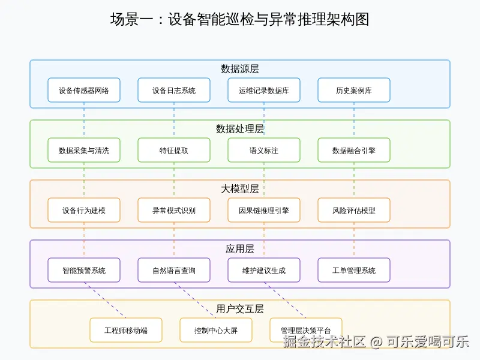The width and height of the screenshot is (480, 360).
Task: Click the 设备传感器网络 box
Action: pyautogui.click(x=84, y=90)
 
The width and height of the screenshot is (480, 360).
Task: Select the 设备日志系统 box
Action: pyautogui.click(x=174, y=90)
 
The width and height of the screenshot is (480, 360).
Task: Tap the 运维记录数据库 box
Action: pyautogui.click(x=264, y=90)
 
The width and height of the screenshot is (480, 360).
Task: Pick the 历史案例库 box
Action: pyautogui.click(x=354, y=90)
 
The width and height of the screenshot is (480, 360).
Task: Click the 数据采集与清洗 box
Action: pyautogui.click(x=84, y=150)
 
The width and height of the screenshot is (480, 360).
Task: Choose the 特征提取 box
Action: pyautogui.click(x=174, y=150)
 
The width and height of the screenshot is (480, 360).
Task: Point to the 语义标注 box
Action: pyautogui.click(x=264, y=150)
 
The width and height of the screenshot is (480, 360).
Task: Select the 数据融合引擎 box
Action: pyautogui.click(x=354, y=150)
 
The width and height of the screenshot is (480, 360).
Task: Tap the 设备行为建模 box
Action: pyautogui.click(x=84, y=210)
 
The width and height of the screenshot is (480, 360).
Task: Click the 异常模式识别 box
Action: pyautogui.click(x=174, y=210)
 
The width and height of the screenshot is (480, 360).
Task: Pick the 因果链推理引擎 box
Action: pyautogui.click(x=264, y=210)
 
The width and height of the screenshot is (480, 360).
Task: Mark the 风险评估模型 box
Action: pyautogui.click(x=354, y=210)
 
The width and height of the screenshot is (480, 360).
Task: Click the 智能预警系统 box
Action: pyautogui.click(x=84, y=270)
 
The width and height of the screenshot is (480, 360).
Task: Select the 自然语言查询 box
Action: pyautogui.click(x=174, y=270)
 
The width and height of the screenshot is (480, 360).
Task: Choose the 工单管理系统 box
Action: pyautogui.click(x=354, y=270)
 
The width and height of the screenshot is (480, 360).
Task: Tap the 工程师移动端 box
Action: pyautogui.click(x=126, y=330)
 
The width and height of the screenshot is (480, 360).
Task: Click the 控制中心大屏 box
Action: pyautogui.click(x=216, y=330)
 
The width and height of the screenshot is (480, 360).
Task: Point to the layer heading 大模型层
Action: pyautogui.click(x=240, y=189)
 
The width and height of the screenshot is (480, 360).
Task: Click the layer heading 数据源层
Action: pyautogui.click(x=240, y=69)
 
